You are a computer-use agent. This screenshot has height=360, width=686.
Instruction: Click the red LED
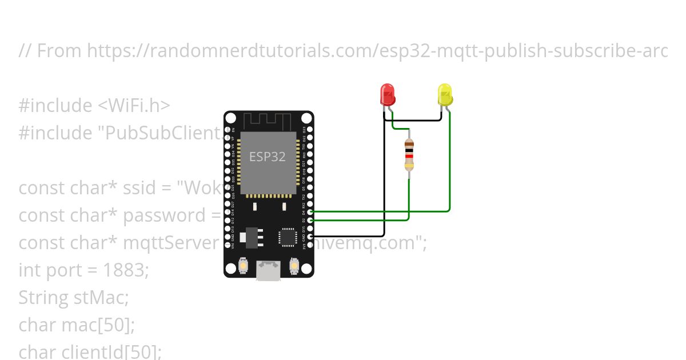pyautogui.click(x=388, y=94)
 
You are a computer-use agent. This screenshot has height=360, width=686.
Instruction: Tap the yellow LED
pyautogui.click(x=445, y=94)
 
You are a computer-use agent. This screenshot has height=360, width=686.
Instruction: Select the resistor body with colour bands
pyautogui.click(x=409, y=154)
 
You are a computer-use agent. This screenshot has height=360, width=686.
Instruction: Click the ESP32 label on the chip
pyautogui.click(x=267, y=156)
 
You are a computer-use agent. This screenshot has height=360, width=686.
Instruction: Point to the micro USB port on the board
pyautogui.click(x=268, y=270)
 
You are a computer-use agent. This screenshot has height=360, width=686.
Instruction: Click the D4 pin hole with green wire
pyautogui.click(x=310, y=211)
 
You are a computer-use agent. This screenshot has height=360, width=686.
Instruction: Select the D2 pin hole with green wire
pyautogui.click(x=310, y=220)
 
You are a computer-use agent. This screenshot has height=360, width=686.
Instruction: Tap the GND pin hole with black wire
pyautogui.click(x=310, y=236)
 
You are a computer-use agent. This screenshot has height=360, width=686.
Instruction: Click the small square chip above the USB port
pyautogui.click(x=288, y=237)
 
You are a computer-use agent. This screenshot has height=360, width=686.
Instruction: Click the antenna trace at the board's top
pyautogui.click(x=268, y=122)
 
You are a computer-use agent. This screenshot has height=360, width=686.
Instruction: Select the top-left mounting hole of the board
pyautogui.click(x=230, y=118)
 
